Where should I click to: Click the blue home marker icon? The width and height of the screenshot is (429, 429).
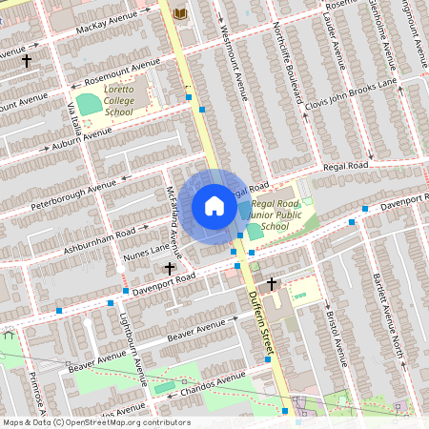[214, 206]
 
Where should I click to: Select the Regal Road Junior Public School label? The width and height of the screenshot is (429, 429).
[276, 214]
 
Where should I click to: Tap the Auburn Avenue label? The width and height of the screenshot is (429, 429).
[92, 138]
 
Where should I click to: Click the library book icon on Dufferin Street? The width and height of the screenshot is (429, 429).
[179, 12]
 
